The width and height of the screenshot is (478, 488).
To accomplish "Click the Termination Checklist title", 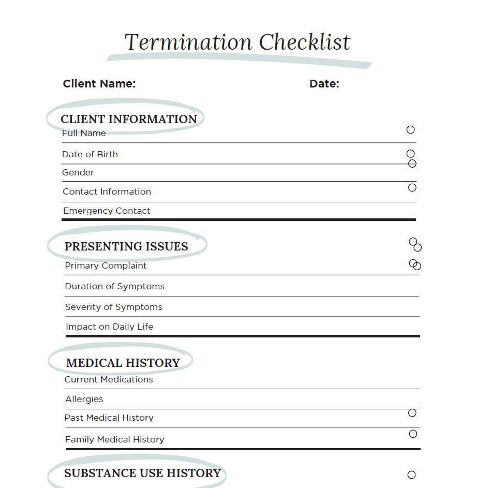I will (237, 42).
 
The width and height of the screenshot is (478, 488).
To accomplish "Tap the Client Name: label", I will (99, 84).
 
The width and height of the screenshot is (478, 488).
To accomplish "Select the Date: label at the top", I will (324, 84).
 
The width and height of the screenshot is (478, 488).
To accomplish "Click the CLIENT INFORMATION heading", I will (129, 119).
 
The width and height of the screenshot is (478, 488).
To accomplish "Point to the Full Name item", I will (84, 134).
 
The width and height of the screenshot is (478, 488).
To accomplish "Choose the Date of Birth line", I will (90, 154).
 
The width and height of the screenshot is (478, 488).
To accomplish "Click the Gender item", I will (78, 172).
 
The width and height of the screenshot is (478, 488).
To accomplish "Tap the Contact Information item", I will (107, 191).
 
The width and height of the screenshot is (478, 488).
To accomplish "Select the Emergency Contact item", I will (107, 211).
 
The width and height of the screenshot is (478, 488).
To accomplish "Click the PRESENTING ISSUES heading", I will (126, 246).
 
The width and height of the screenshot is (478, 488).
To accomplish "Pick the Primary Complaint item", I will (106, 265).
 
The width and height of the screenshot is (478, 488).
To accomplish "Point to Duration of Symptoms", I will (114, 286).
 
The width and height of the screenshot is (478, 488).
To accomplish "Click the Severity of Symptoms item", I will (113, 307).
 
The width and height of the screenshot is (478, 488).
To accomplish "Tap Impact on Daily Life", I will (109, 327).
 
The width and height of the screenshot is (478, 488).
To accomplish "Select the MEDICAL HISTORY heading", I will (123, 363).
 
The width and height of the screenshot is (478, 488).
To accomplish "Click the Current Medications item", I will (109, 379).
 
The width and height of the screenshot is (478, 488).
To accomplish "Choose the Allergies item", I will (84, 399).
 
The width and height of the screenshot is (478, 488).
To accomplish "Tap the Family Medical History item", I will (114, 439).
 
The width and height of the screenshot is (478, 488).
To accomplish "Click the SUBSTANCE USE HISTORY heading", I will (142, 473).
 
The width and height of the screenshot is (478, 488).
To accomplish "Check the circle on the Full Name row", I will (411, 130).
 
